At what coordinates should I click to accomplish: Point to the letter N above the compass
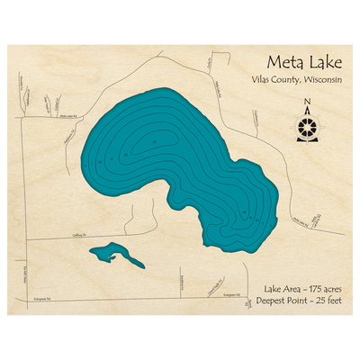point(308,102)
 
